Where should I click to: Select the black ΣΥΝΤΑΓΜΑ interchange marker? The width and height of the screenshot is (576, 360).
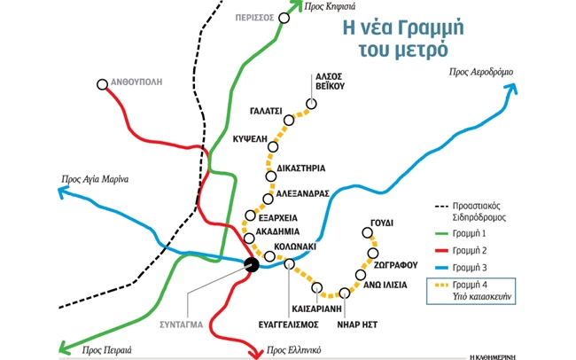[x=252, y=263]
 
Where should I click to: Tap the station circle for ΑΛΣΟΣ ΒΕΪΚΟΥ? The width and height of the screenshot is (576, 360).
[x=311, y=104]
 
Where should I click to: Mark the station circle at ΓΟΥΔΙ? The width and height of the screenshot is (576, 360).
[x=367, y=233]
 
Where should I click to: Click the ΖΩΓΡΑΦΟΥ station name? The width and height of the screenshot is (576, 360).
[x=396, y=263]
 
